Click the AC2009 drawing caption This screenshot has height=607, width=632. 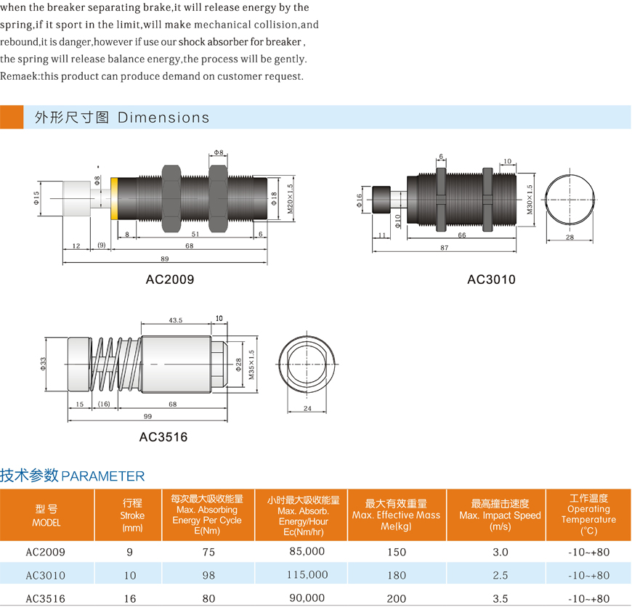click(170, 279)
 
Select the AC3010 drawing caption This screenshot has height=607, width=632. click(491, 279)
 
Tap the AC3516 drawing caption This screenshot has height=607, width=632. click(163, 436)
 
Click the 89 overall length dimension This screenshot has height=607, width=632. click(165, 259)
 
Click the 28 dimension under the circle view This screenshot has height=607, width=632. click(570, 237)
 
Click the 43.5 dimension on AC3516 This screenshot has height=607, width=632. click(175, 320)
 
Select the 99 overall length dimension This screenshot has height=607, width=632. click(147, 416)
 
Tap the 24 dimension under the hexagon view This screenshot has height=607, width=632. click(307, 408)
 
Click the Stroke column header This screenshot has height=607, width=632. click(132, 515)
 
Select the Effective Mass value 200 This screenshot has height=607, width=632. click(397, 598)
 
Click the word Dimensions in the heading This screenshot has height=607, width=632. click(163, 118)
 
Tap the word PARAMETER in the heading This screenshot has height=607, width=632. click(103, 476)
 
